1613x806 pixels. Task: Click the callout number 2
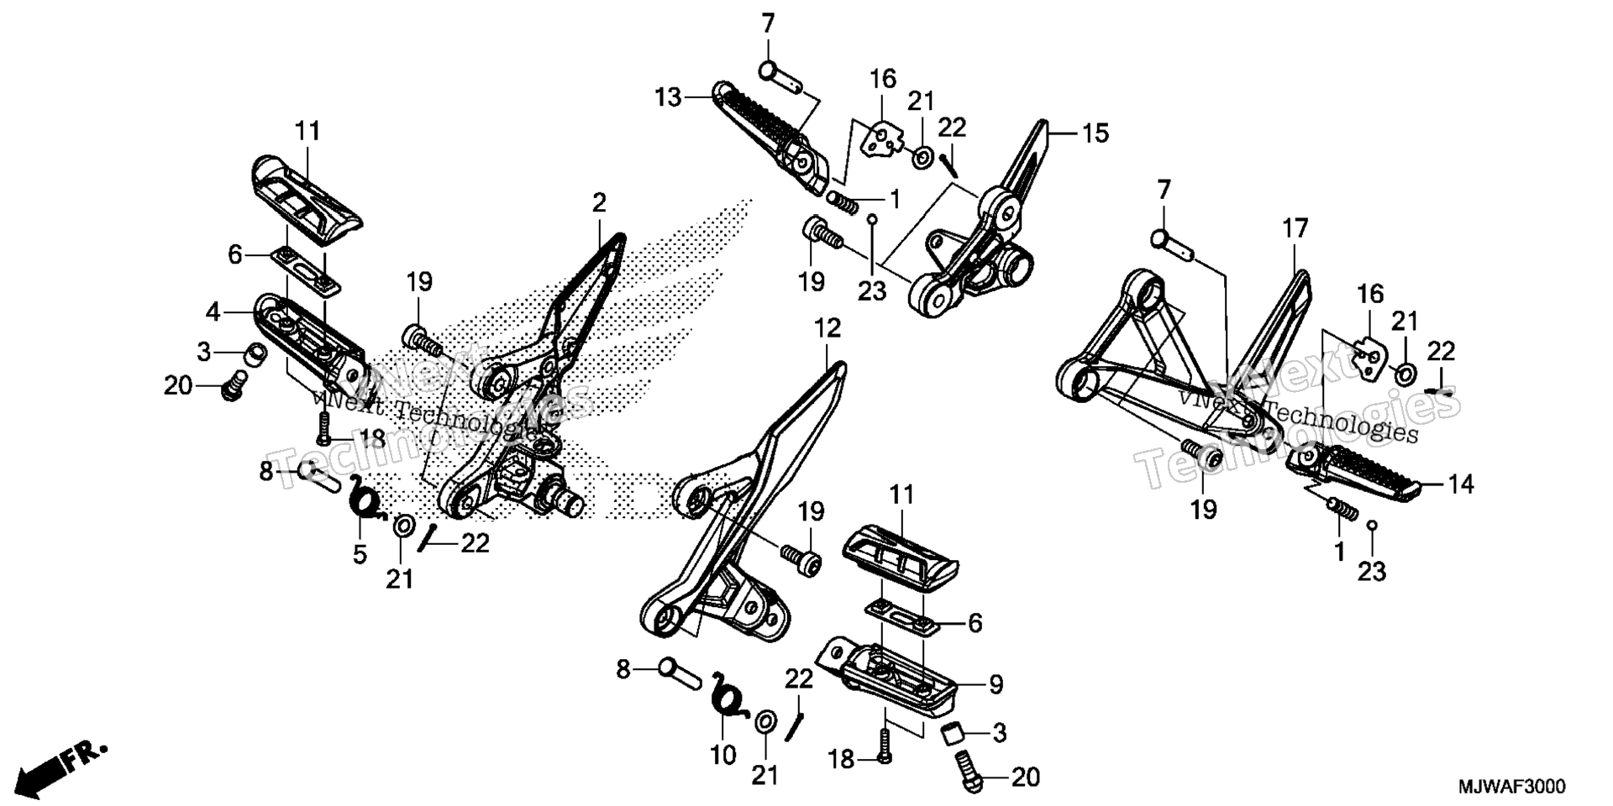pyautogui.click(x=598, y=203)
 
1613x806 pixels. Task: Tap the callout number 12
pyautogui.click(x=828, y=328)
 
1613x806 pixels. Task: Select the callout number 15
pyautogui.click(x=1095, y=133)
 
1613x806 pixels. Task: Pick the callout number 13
pyautogui.click(x=669, y=98)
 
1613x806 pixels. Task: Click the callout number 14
pyautogui.click(x=1461, y=484)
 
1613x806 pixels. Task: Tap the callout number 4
pyautogui.click(x=213, y=312)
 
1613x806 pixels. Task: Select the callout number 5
pyautogui.click(x=360, y=554)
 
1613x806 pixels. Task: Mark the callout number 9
pyautogui.click(x=996, y=685)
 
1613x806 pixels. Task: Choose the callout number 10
pyautogui.click(x=723, y=755)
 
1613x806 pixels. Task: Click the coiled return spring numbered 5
pyautogui.click(x=366, y=496)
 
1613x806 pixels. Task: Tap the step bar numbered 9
pyautogui.click(x=891, y=683)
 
